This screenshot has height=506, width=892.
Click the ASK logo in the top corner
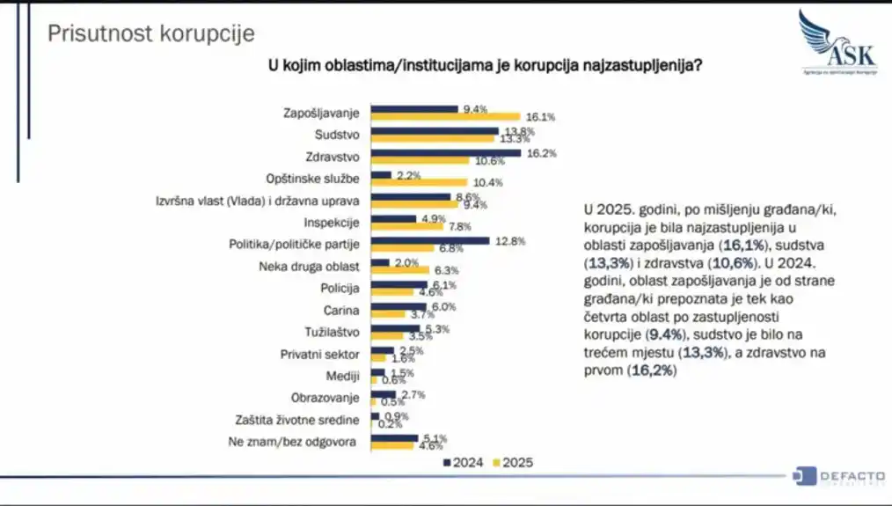[837, 44]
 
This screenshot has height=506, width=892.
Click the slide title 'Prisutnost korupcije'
[150, 33]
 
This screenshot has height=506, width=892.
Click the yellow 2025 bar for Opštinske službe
[419, 182]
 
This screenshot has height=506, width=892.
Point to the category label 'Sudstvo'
[338, 135]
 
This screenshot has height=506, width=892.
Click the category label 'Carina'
[341, 310]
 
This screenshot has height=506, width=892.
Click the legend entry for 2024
[462, 462]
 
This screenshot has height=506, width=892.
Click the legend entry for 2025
[515, 462]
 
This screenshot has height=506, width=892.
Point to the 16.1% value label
[540, 117]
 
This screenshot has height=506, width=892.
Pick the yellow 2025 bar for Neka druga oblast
[400, 270]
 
